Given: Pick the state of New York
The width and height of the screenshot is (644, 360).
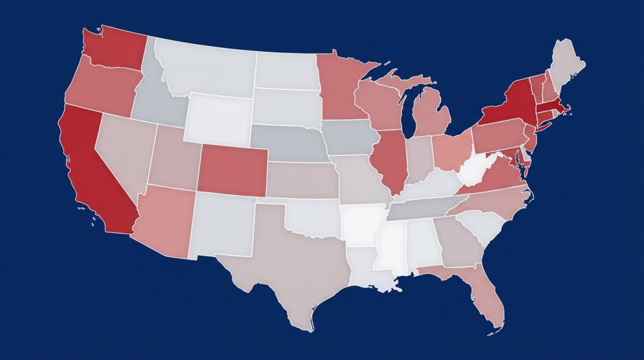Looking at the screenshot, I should click(509, 104).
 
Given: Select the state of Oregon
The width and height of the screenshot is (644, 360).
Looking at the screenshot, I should click(101, 88).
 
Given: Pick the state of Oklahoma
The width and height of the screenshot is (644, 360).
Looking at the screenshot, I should click(314, 217).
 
